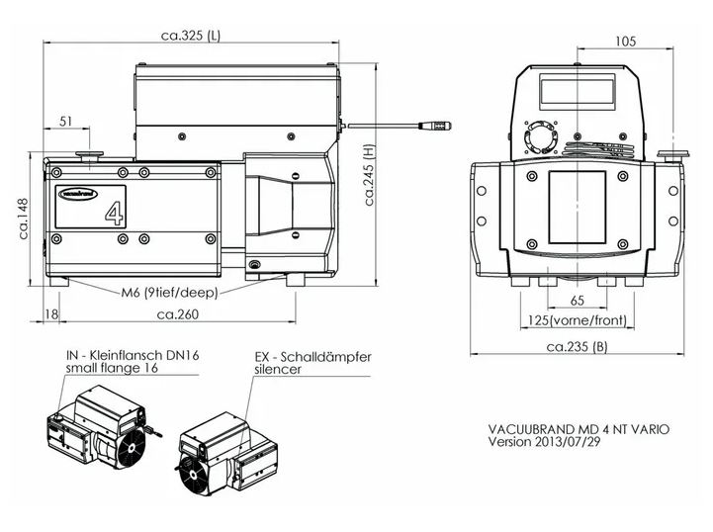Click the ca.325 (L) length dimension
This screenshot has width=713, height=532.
click(x=191, y=36)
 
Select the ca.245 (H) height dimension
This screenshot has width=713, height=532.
click(x=369, y=174)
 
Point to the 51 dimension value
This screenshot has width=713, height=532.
click(x=66, y=122)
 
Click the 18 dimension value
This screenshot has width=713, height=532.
click(x=51, y=314)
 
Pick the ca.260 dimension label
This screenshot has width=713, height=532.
click(x=178, y=314)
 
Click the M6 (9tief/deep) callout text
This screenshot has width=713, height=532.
click(x=170, y=292)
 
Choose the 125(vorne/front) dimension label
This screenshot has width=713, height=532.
click(x=577, y=321)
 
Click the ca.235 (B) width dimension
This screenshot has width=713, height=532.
click(x=577, y=347)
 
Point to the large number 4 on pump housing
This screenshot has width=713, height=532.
click(x=114, y=212)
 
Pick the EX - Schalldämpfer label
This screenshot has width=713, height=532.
click(x=312, y=356)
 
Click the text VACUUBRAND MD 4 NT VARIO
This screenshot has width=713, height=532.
click(x=579, y=429)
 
